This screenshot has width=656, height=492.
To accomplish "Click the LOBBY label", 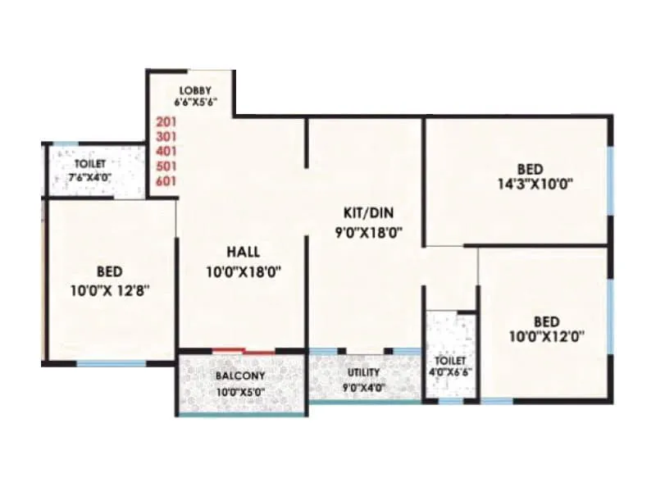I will (x=193, y=89).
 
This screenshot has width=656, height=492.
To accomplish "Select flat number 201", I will (x=166, y=121).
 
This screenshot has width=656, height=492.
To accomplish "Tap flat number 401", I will (x=166, y=151).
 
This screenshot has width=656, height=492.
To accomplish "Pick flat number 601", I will (x=166, y=181).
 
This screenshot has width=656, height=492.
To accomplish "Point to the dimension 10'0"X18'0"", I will (x=244, y=271).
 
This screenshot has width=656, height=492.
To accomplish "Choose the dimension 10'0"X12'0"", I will (x=547, y=335).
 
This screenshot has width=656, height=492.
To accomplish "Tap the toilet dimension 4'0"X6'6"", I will (x=450, y=371).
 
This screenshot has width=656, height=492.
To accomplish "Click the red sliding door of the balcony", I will (x=244, y=351).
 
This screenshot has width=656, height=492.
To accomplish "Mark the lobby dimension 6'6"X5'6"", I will (x=193, y=102).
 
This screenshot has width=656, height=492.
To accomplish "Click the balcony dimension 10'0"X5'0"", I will (x=240, y=392).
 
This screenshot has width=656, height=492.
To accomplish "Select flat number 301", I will (x=166, y=136).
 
